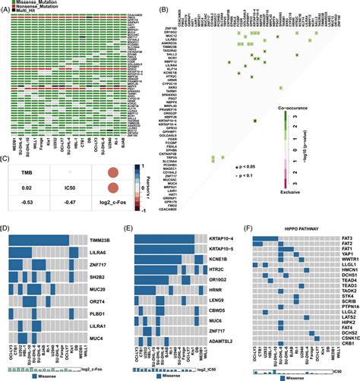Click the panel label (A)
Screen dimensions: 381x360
click(8, 6)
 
